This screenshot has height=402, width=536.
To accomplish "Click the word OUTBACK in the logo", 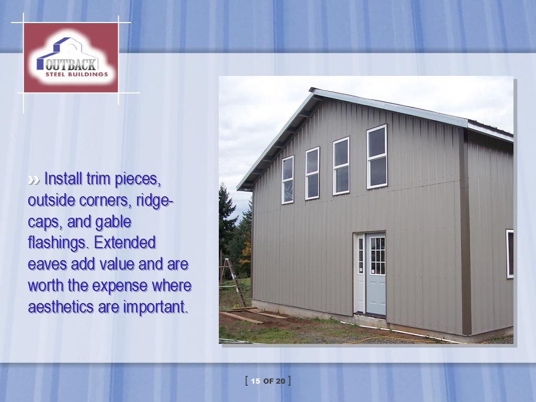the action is click(x=71, y=64).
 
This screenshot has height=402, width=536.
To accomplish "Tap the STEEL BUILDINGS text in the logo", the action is click(x=76, y=74).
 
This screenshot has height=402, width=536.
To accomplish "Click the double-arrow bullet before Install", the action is click(x=34, y=180).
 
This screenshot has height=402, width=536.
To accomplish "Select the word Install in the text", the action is click(x=63, y=178).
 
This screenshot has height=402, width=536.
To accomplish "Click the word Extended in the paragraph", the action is click(x=125, y=242).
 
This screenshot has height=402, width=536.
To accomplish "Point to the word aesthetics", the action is click(x=61, y=306).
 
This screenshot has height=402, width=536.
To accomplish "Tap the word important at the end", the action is click(x=155, y=307).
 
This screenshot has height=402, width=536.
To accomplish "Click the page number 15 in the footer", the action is click(x=255, y=381).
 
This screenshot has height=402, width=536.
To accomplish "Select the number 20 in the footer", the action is click(x=281, y=381).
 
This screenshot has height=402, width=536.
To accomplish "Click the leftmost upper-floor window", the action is click(x=287, y=180).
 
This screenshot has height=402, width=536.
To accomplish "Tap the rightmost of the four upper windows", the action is click(x=377, y=157).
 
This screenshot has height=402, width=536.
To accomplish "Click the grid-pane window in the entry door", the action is click(x=377, y=256).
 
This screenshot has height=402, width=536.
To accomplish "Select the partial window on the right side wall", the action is click(x=510, y=254).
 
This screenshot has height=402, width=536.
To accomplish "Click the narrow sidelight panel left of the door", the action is click(x=360, y=273).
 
